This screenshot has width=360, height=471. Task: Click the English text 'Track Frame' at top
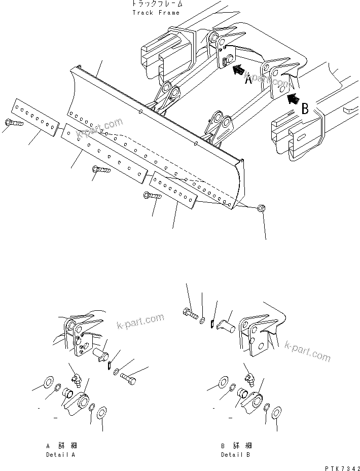point(156,13)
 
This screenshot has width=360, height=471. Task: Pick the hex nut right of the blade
point(261,208)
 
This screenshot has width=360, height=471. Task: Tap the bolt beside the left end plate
point(13,122)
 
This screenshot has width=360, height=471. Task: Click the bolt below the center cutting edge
point(101,170)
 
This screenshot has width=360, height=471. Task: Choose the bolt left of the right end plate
point(152,195)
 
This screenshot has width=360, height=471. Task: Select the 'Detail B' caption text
point(235,455)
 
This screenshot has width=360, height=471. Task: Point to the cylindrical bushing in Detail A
point(67,393)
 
